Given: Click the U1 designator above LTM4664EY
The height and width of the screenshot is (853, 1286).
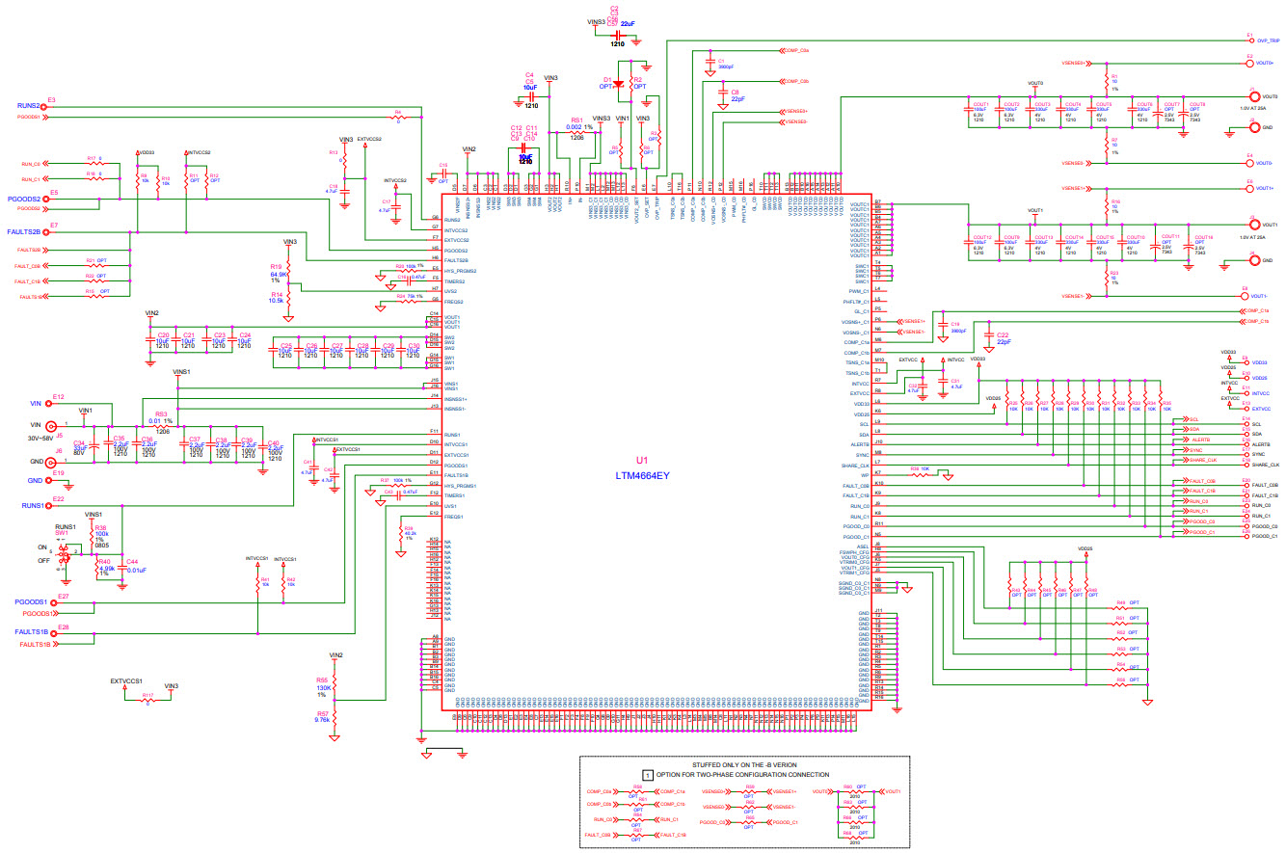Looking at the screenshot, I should pos(642,461).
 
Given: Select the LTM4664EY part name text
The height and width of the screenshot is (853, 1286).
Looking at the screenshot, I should pos(642,475).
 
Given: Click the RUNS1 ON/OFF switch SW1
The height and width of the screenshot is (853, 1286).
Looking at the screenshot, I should pos(65,553).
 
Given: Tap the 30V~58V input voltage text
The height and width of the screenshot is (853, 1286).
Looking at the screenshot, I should pos(46,438).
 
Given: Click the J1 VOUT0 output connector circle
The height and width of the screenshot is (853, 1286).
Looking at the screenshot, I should pos(1252,96).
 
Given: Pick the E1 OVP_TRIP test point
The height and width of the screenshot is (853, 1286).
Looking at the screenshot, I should pos(1248,41).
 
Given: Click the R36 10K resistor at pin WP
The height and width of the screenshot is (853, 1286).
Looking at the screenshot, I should pos(924,473).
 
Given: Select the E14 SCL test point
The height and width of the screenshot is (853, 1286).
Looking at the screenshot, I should pos(1246,424).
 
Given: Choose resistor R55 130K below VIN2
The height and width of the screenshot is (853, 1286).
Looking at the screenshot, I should pos(335,685).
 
